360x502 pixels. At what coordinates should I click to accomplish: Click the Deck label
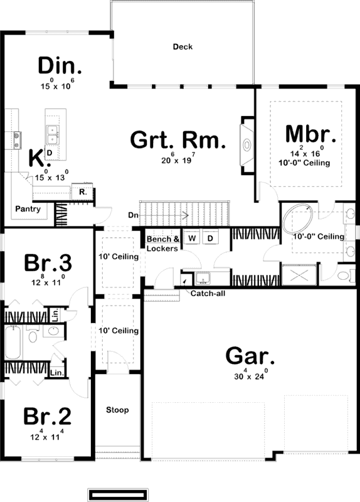click(x=183, y=46)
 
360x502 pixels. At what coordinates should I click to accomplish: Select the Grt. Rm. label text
click(x=177, y=140)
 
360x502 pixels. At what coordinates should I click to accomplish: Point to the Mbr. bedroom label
click(x=310, y=134)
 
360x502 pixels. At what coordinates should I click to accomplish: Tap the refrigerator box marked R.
click(x=82, y=192)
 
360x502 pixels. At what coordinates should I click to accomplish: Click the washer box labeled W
click(x=193, y=239)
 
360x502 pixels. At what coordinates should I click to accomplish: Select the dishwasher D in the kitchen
click(x=49, y=152)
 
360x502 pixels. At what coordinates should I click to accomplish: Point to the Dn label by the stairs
click(x=133, y=215)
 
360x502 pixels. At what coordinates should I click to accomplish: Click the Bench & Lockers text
click(x=163, y=243)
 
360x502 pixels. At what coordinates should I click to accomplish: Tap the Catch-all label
click(x=204, y=293)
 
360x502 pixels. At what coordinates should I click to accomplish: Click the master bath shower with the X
click(x=299, y=275)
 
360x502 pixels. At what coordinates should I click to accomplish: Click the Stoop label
click(x=117, y=410)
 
